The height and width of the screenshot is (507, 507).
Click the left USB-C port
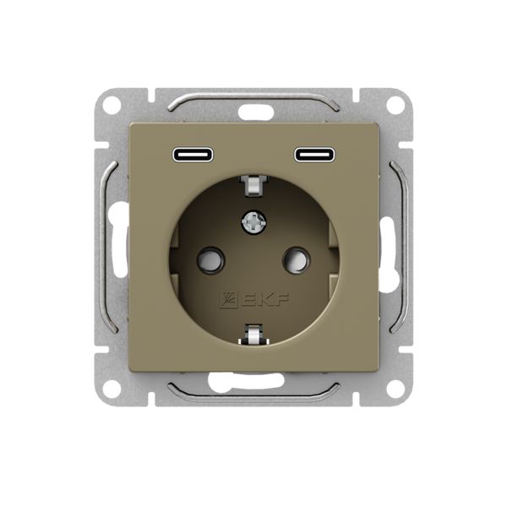click(193, 155)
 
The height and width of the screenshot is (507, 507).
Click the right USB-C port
click(314, 155)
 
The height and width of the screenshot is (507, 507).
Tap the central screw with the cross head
click(253, 221)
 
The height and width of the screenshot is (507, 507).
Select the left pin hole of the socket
click(210, 259)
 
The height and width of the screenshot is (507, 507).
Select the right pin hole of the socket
click(297, 259)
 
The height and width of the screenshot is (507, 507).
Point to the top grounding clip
click(253, 186)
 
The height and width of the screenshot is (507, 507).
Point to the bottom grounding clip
click(253, 334)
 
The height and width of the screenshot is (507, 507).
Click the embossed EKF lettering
click(264, 299)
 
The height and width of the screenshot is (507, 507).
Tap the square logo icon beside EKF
click(229, 299)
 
